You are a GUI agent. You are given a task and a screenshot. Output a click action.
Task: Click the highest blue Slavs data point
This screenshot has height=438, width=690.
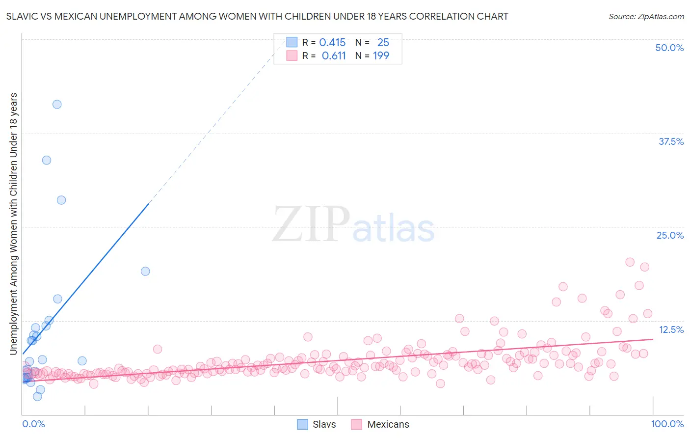(57, 104)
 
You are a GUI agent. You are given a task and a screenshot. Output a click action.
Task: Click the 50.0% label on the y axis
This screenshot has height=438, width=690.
(669, 48)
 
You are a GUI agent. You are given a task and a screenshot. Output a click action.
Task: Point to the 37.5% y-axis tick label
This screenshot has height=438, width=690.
(671, 141)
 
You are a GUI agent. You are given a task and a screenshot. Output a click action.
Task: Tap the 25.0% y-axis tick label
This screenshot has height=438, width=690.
(670, 235)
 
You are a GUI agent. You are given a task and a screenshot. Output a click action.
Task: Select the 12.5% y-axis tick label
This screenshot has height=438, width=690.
(671, 329)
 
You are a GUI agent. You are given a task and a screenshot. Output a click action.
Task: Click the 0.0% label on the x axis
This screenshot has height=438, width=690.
(33, 424)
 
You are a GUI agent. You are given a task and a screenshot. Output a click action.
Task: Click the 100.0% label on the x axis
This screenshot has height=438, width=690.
(667, 424)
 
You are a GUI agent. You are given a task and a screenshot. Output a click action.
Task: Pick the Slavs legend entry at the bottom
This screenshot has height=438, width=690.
(317, 424)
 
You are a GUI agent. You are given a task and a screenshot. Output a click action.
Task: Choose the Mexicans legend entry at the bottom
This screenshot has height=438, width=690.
(380, 424)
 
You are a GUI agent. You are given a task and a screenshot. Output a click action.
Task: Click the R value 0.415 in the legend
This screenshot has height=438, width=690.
(332, 43)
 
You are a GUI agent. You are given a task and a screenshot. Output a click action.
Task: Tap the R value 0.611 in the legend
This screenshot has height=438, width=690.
(334, 56)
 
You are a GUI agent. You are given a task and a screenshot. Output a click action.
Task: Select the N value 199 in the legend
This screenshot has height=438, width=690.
(381, 56)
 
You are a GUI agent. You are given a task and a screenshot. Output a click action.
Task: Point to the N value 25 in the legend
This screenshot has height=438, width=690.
(383, 43)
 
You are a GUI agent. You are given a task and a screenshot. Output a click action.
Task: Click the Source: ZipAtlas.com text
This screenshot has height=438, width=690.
(646, 16)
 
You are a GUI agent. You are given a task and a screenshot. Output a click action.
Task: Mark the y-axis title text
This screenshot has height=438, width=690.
(13, 223)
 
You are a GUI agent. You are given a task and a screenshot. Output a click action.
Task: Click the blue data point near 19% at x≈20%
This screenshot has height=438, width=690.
(145, 271)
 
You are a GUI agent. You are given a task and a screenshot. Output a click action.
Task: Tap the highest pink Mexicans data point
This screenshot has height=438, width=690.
(630, 262)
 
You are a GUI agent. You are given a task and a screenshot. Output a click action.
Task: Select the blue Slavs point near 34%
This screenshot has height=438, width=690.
(47, 160)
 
